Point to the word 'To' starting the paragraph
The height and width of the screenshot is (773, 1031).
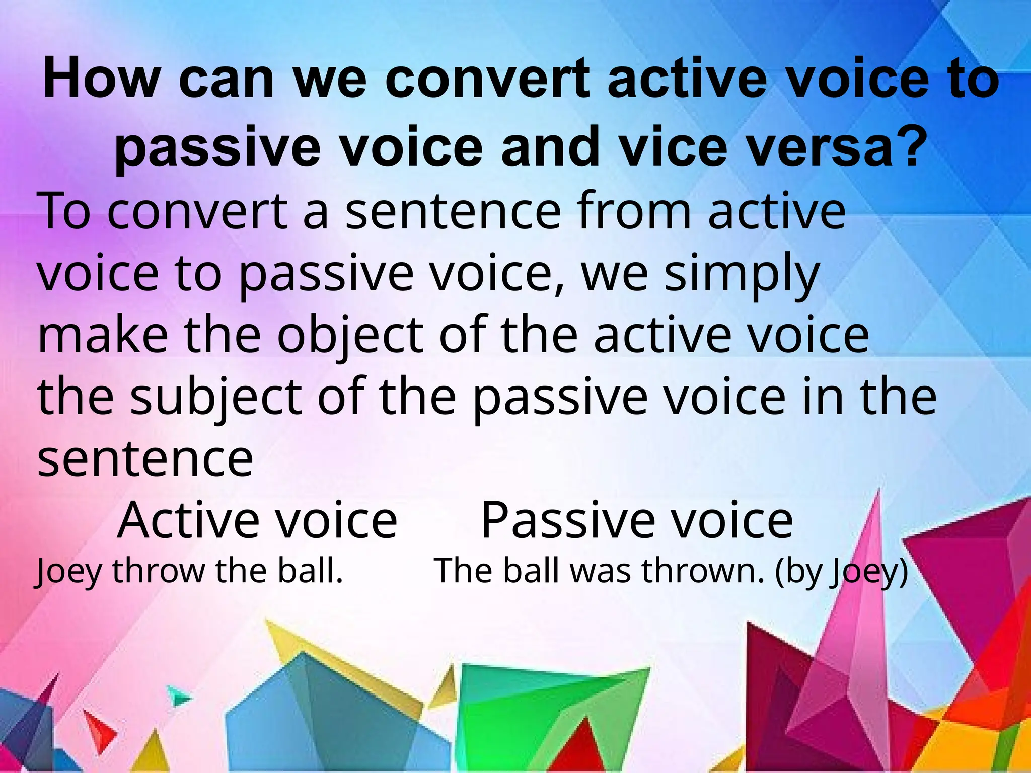tap(64, 211)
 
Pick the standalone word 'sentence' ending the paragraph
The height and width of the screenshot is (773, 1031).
tap(145, 459)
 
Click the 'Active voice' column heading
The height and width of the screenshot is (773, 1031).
tap(257, 520)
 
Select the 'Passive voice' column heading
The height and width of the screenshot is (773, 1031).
tap(637, 520)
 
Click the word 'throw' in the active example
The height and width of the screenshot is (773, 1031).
tap(159, 572)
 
